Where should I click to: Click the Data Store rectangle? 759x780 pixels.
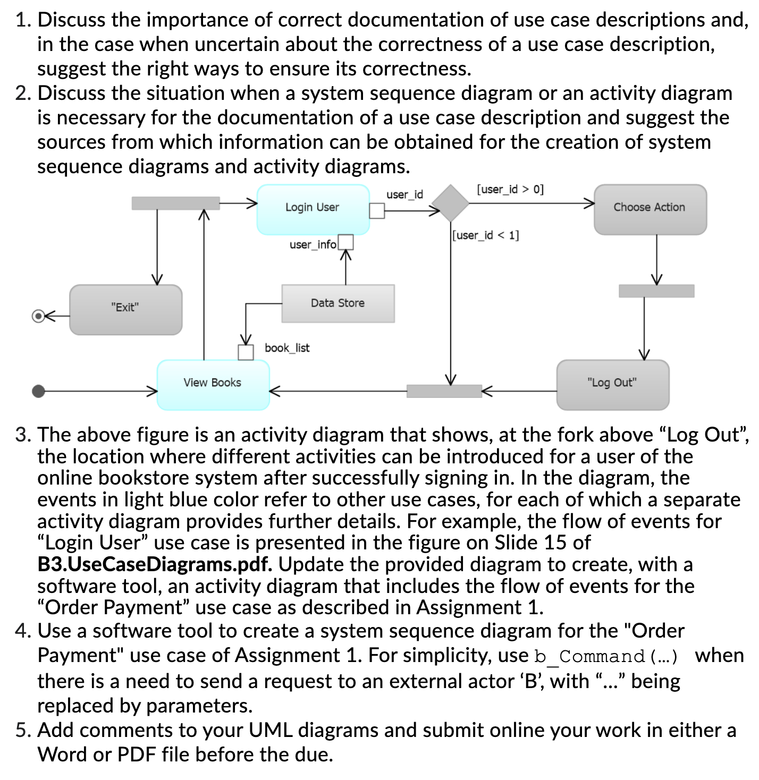click(338, 303)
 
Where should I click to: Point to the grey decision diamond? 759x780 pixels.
click(450, 203)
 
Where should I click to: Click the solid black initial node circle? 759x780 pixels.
click(38, 391)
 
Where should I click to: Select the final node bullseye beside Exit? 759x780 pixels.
click(38, 316)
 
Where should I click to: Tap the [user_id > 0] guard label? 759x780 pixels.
click(510, 189)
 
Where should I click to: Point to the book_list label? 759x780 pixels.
click(287, 348)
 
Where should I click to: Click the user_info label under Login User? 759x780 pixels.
click(313, 244)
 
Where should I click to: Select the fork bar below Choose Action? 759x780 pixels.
click(656, 291)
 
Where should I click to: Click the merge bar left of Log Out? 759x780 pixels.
click(444, 391)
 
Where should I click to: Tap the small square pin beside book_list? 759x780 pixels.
click(246, 352)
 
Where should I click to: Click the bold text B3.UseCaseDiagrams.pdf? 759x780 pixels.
click(155, 564)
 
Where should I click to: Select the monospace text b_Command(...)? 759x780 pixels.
click(606, 656)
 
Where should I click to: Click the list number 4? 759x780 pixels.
click(23, 631)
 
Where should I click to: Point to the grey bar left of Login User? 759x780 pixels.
click(175, 203)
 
